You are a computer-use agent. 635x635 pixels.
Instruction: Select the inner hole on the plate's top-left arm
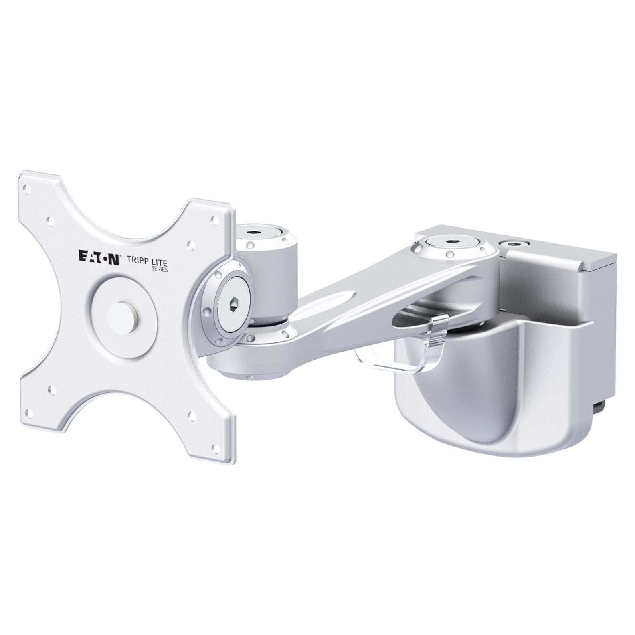pyautogui.click(x=51, y=220)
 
